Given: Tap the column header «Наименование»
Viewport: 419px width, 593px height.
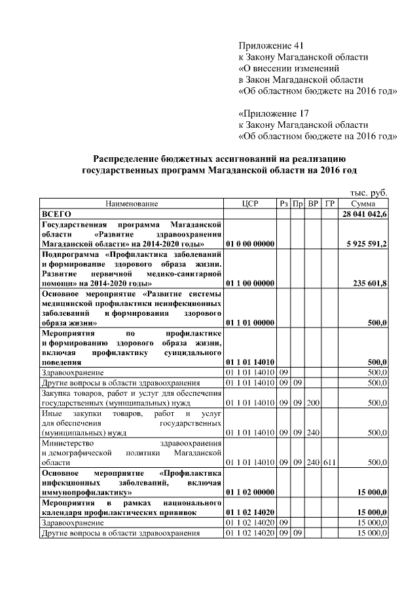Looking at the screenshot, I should click(x=132, y=204).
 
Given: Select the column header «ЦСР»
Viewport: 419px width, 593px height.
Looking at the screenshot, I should click(x=251, y=204).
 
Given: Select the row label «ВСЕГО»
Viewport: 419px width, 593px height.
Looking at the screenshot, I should click(x=56, y=214).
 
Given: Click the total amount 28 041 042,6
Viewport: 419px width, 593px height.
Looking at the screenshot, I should click(x=364, y=214).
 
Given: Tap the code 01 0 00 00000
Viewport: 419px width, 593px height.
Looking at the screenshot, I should click(x=250, y=244).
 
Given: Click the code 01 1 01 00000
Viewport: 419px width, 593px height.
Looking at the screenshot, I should click(x=250, y=323).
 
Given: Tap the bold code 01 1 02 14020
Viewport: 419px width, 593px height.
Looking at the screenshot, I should click(x=250, y=512).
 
